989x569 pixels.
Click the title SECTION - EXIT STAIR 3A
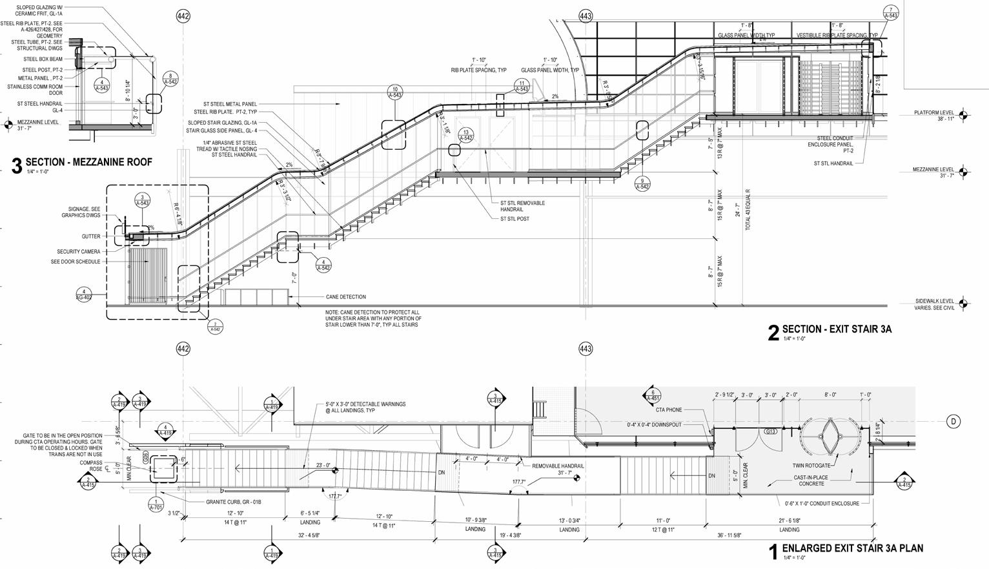(x=837, y=329)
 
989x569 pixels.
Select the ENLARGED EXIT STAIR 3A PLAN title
(x=852, y=549)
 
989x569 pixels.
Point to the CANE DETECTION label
(x=345, y=297)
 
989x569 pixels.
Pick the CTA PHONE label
(x=668, y=410)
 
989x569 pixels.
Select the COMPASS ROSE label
(x=91, y=466)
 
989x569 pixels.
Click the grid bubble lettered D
(x=953, y=422)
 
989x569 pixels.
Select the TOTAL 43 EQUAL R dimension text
(x=748, y=210)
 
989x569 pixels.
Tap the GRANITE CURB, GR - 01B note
(x=234, y=502)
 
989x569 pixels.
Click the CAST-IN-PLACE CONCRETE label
(x=811, y=481)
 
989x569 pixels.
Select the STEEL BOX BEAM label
(x=43, y=59)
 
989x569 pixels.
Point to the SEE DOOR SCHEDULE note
(x=76, y=262)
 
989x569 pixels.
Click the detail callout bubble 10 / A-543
(x=395, y=92)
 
